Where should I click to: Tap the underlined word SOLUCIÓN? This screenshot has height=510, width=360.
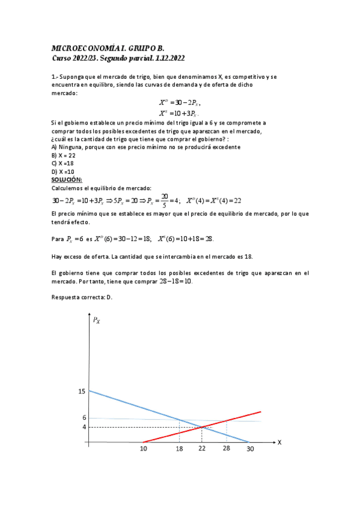67,180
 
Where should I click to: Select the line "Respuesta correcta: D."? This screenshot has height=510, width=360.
82,296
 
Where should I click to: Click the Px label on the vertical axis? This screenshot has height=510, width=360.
96,321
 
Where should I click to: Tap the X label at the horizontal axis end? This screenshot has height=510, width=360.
279,441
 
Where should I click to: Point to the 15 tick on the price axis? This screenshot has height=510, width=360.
82,392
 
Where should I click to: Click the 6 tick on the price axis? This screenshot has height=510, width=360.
84,417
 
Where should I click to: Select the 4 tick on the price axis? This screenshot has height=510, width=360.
84,427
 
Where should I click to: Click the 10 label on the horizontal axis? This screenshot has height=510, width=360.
144,449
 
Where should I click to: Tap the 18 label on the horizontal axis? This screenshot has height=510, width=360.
179,449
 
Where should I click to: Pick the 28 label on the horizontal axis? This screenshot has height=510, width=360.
227,449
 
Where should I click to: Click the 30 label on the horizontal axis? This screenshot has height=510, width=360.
250,449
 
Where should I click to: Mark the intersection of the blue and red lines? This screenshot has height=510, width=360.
201,426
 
